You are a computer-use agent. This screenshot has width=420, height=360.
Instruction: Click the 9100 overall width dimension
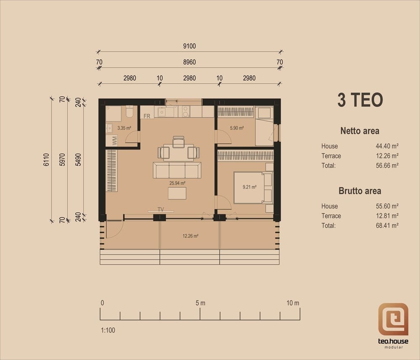tap(189, 46)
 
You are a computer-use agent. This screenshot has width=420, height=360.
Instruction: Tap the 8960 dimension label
tap(189, 62)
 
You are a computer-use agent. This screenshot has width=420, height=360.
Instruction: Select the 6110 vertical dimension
tap(46, 160)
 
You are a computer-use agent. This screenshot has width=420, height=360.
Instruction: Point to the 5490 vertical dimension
tap(78, 160)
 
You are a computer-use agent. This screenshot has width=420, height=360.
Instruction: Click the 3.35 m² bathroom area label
tap(124, 128)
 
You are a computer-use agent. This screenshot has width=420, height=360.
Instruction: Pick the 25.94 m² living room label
tap(177, 183)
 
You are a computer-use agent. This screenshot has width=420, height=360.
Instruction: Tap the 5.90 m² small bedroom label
tap(237, 128)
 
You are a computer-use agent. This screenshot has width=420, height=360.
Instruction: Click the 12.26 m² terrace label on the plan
tap(190, 236)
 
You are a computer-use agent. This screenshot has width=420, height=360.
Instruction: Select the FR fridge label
tap(147, 116)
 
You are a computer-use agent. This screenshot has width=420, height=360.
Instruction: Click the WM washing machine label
tap(115, 140)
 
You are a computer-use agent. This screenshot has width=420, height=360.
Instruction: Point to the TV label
tap(161, 210)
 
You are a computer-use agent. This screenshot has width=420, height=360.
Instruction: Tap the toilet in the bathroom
tap(129, 111)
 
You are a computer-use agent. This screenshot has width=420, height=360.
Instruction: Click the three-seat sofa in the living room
tap(177, 170)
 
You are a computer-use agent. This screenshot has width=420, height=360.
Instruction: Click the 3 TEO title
tap(360, 100)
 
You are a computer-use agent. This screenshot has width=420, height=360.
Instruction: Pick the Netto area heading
tap(360, 131)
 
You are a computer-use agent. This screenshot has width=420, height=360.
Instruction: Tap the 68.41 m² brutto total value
tap(387, 226)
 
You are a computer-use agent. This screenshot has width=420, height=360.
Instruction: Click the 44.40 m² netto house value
tap(387, 146)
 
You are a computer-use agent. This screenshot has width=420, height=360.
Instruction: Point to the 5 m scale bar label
tap(200, 303)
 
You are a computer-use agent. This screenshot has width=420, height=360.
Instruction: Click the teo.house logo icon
tap(393, 319)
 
